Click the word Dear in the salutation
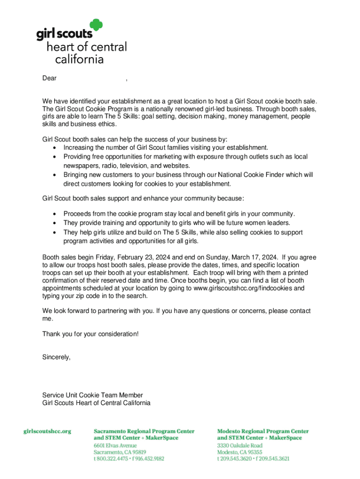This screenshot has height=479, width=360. pyautogui.click(x=49, y=79)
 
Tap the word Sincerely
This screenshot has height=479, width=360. pyautogui.click(x=57, y=357)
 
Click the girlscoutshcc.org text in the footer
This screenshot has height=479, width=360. pyautogui.click(x=47, y=431)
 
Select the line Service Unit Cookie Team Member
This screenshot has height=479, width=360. pyautogui.click(x=93, y=395)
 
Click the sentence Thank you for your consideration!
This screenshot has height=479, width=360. pyautogui.click(x=90, y=334)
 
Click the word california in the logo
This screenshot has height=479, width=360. pyautogui.click(x=79, y=59)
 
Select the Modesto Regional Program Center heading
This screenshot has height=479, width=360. pyautogui.click(x=263, y=431)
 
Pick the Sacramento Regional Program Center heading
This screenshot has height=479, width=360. pyautogui.click(x=144, y=431)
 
